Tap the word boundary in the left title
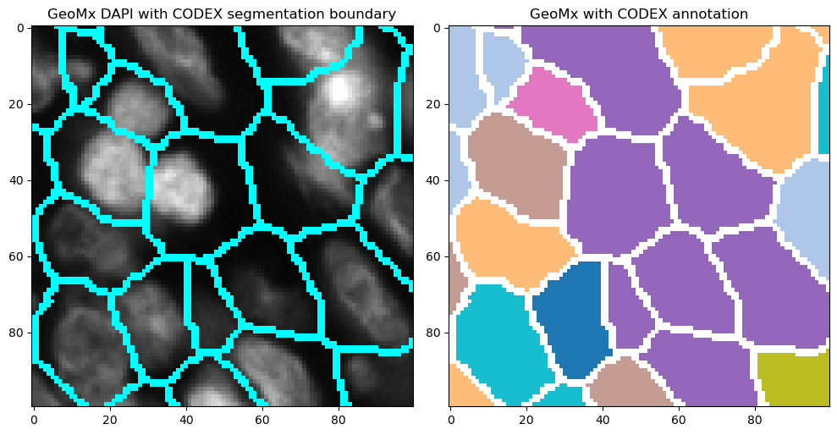(x=356, y=14)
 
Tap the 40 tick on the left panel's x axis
(x=186, y=418)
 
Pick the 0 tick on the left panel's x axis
(x=34, y=418)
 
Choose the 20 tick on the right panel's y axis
(x=434, y=104)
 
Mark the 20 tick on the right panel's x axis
(x=526, y=418)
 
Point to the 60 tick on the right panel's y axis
(x=434, y=256)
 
